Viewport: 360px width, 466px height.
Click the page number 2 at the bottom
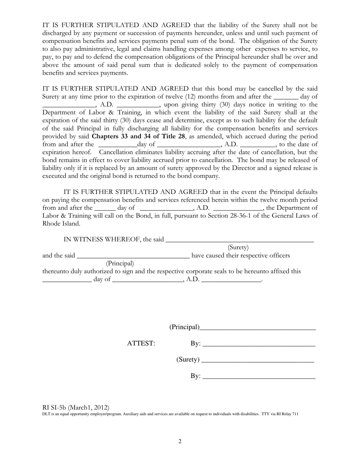[180, 441]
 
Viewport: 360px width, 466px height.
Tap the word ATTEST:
[141, 344]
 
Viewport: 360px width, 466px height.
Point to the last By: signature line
[259, 377]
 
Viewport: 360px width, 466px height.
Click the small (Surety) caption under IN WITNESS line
[238, 247]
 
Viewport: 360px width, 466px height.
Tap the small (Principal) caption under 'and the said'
[120, 263]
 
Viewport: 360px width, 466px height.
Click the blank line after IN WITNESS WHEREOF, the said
[239, 240]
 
